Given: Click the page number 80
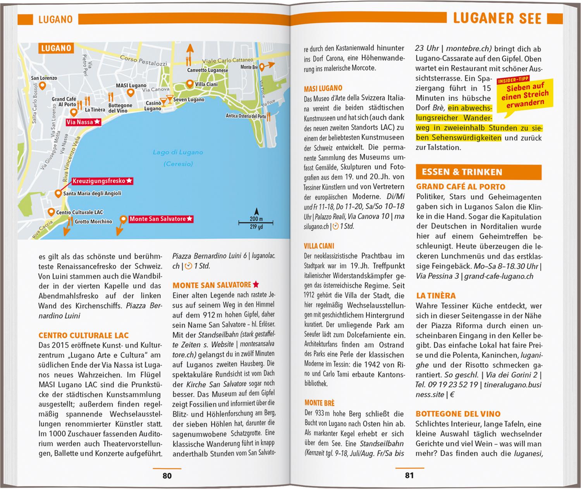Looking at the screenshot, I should click(x=167, y=475).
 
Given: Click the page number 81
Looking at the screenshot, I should click(x=409, y=475).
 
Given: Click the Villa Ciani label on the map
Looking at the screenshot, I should click(x=206, y=84).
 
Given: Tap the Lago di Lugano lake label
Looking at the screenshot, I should click(x=178, y=152).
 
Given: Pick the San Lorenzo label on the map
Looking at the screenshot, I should click(x=44, y=78).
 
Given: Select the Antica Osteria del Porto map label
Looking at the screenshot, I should click(x=246, y=116).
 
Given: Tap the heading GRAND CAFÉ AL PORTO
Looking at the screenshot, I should click(x=461, y=187).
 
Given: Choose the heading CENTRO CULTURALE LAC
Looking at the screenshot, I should click(x=84, y=336).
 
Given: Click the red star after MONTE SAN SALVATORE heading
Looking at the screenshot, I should click(x=256, y=285).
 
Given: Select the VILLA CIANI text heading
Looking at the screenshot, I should click(x=319, y=246).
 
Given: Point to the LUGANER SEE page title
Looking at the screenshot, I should click(x=497, y=19).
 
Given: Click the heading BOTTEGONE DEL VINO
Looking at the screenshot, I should click(x=458, y=414).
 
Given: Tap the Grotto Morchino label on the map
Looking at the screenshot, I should click(x=93, y=222).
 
